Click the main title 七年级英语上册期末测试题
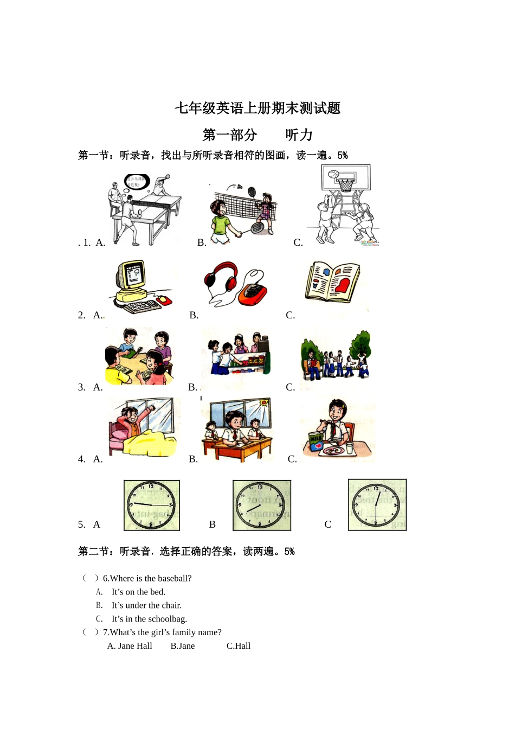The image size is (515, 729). [x=257, y=108]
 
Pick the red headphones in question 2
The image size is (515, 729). [x=222, y=278]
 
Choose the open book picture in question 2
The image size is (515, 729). [x=332, y=282]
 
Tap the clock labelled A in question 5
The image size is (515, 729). [x=151, y=505]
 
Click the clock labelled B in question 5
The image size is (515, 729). [x=261, y=505]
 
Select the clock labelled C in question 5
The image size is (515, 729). [x=377, y=504]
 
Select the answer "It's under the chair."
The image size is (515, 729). [x=146, y=605]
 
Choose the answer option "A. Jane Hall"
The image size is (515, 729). [x=130, y=646]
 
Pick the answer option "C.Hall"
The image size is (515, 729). [x=239, y=646]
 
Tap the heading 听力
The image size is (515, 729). [x=299, y=135]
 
